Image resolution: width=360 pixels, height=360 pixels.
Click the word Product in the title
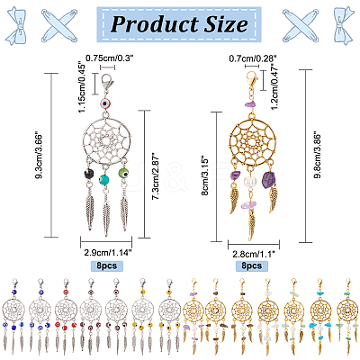pyautogui.click(x=155, y=24)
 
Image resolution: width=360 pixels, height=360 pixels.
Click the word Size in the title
pyautogui.click(x=226, y=24)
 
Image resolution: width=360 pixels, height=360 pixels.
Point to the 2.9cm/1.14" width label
pyautogui.click(x=109, y=253)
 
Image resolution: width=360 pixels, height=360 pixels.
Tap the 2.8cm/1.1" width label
pyautogui.click(x=254, y=255)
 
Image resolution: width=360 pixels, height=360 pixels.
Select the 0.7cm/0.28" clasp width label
pyautogui.click(x=253, y=58)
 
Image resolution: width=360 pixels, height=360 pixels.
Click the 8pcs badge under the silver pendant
pyautogui.click(x=107, y=265)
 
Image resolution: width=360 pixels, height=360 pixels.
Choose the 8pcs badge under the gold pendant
pyautogui.click(x=252, y=265)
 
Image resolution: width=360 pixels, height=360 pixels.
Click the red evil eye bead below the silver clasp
pyautogui.click(x=105, y=104)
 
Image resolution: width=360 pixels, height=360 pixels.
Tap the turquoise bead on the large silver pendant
pyautogui.click(x=104, y=180)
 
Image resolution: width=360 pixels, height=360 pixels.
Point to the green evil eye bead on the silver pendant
pyautogui.click(x=123, y=173)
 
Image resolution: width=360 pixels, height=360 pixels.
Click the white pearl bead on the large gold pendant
pyautogui.click(x=249, y=182)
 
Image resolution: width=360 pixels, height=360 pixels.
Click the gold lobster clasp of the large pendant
pyautogui.click(x=253, y=78)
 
